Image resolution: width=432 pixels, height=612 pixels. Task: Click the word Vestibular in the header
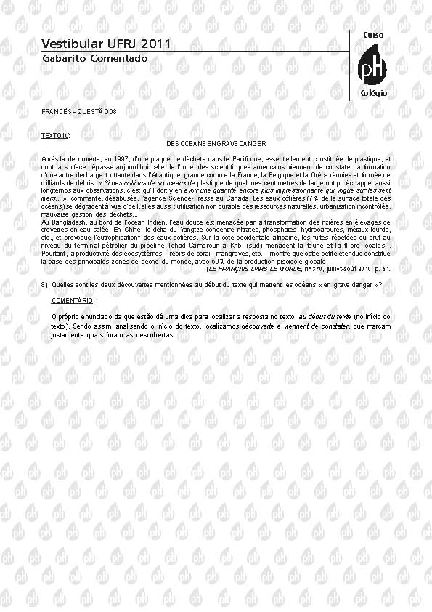[x=68, y=44]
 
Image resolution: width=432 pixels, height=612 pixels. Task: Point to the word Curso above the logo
[x=372, y=35]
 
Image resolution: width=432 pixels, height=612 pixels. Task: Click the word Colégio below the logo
[x=373, y=94]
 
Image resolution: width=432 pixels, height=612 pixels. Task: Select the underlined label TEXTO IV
[x=55, y=136]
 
